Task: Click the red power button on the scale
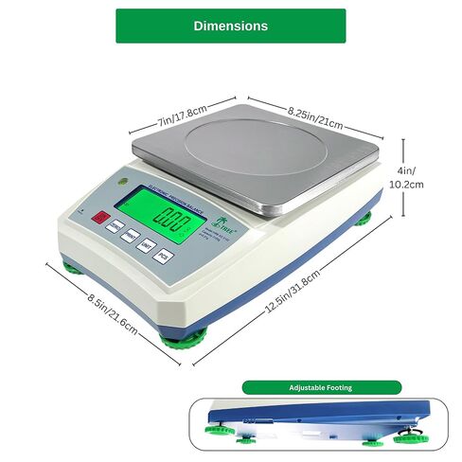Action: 99,218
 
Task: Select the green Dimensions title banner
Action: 230,26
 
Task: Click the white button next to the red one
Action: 115,228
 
